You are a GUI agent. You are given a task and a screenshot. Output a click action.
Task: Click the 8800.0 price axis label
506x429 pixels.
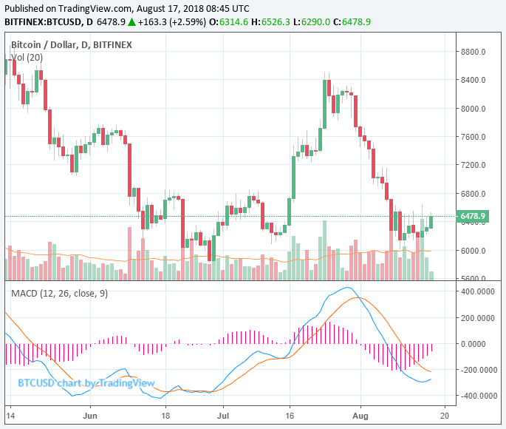(472, 52)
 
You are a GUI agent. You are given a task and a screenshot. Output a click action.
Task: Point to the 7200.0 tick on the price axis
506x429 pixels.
(472, 165)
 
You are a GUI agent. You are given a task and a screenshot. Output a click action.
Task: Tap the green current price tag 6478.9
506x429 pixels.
(473, 217)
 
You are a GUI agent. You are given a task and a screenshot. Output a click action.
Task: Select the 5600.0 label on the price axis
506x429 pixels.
(472, 279)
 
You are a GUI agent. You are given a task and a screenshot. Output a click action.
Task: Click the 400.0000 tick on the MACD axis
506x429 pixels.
(476, 291)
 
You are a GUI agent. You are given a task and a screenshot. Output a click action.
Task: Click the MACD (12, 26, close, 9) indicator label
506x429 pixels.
(60, 294)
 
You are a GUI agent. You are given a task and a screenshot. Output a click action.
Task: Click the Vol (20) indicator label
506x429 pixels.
(27, 57)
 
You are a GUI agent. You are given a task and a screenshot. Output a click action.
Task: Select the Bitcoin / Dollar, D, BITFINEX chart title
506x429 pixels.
(72, 45)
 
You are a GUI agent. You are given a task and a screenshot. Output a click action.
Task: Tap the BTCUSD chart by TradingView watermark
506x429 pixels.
(86, 382)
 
